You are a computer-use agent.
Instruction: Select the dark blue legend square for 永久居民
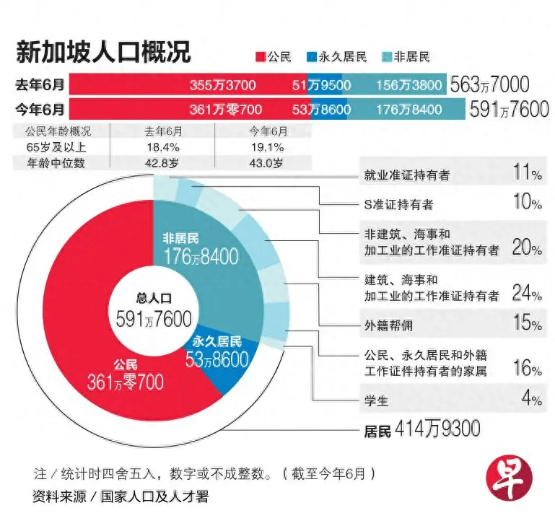pos(312,56)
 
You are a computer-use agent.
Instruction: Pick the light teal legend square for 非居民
pos(386,56)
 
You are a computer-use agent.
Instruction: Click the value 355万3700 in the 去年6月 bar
pos(222,85)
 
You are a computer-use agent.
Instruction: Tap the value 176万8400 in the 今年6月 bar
pos(409,110)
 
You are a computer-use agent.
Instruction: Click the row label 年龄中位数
pos(61,163)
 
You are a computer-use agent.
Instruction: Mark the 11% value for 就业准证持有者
pos(526,175)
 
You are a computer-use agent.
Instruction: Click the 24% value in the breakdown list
pos(526,294)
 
